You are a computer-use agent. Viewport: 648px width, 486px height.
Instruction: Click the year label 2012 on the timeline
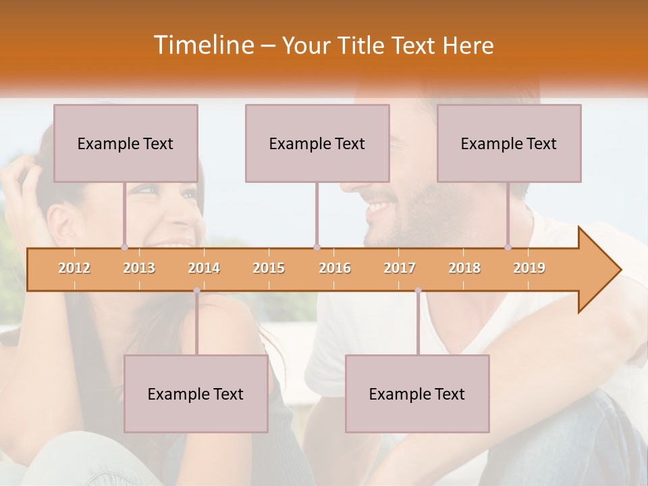point(74,268)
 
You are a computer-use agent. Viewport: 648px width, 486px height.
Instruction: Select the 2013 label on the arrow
point(139,268)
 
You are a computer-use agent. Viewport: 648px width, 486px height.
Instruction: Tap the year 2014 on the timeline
point(204,268)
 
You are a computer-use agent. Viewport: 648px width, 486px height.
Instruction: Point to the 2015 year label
point(269,268)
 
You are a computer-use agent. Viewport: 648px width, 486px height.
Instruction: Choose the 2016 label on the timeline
point(335,268)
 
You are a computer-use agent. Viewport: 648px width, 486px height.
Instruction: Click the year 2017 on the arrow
point(400,268)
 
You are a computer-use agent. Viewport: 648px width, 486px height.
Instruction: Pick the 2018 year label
point(464,268)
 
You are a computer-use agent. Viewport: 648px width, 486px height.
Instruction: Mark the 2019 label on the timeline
point(529,268)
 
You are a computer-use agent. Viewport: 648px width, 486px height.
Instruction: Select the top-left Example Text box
point(126,143)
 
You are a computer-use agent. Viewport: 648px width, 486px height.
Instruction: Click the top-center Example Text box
point(317,143)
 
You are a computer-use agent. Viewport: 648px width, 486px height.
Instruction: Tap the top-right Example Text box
point(509,143)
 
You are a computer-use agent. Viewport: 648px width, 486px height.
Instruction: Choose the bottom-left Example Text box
point(196,394)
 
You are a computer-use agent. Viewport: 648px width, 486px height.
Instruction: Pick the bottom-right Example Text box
point(417,394)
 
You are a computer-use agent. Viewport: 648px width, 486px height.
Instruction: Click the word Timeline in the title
point(202,45)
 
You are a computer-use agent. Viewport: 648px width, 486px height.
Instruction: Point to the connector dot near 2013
point(124,247)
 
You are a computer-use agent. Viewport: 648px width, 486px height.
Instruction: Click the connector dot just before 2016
point(317,247)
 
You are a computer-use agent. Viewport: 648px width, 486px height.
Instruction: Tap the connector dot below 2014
point(196,290)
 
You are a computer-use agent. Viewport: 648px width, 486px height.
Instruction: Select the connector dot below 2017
point(418,290)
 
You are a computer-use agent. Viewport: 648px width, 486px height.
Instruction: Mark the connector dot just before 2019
point(508,247)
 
